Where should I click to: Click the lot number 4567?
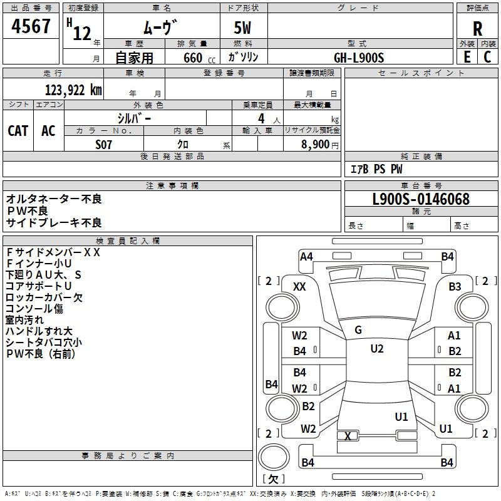click(x=32, y=28)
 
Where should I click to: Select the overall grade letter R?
click(x=477, y=28)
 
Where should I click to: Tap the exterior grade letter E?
click(x=467, y=56)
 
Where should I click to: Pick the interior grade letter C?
click(x=487, y=56)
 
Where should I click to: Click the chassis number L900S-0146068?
click(x=421, y=200)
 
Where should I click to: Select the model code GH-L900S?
click(x=359, y=57)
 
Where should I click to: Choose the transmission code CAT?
click(x=18, y=130)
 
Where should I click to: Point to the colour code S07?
click(x=104, y=144)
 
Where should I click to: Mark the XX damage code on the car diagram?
click(x=299, y=286)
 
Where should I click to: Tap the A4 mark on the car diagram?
click(x=306, y=256)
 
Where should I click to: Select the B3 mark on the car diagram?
click(x=455, y=286)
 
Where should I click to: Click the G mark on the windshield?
click(x=358, y=330)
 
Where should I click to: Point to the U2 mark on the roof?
click(x=376, y=349)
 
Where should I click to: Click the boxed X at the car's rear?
click(x=348, y=436)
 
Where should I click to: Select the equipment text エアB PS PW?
click(x=376, y=169)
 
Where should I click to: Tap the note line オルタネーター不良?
click(x=54, y=199)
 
